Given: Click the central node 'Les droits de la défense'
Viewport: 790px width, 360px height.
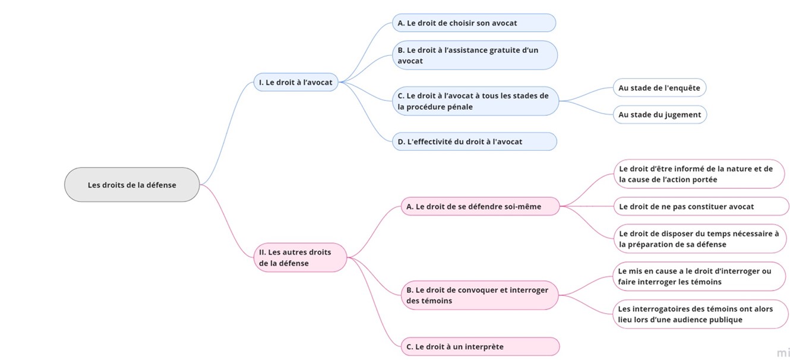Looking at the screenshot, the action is coord(132,185).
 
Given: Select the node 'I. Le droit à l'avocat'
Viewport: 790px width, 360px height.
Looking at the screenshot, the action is coord(296,82).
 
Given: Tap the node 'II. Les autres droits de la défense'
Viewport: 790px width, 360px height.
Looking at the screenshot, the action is coord(300,257).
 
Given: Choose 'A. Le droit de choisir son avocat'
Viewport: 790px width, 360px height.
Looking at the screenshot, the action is coord(474,23).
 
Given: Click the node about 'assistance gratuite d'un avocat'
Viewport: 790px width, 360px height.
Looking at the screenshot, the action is coord(475,55).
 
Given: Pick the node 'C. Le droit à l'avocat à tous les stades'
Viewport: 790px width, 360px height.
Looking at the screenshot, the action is coord(475,101).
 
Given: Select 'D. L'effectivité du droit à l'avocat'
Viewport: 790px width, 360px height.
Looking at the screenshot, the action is coord(475,142).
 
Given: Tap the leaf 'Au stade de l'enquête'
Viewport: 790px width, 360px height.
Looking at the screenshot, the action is coord(659,88).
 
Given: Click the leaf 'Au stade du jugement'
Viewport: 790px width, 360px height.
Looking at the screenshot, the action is coord(660,115).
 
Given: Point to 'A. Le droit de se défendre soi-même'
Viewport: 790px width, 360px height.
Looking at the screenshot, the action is coord(481,206).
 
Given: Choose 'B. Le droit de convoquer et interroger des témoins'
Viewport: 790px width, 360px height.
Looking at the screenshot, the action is coord(480,295).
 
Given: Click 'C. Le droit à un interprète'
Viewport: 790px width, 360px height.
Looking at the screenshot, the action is coord(481,346).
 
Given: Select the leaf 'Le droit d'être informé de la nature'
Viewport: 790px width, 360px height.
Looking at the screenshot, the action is coord(699,174).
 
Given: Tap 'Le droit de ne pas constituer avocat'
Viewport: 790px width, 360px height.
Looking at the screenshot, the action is coord(701,206).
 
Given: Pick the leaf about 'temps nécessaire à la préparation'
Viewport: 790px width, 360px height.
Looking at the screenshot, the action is coord(700,239).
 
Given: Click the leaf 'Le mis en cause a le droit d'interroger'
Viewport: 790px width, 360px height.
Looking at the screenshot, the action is coord(699,276).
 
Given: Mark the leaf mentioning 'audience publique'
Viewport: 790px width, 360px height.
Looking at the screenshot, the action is coord(700,314).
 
